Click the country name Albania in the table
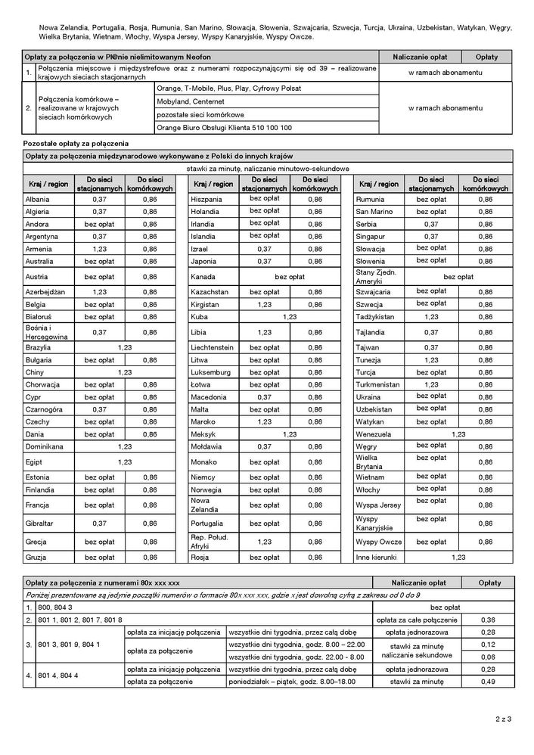(38, 199)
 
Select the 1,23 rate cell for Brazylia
(125, 347)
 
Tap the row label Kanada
(203, 277)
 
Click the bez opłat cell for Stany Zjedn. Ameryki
(458, 277)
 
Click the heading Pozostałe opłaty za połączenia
(76, 143)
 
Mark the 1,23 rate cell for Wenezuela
(458, 434)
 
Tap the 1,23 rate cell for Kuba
(290, 316)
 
